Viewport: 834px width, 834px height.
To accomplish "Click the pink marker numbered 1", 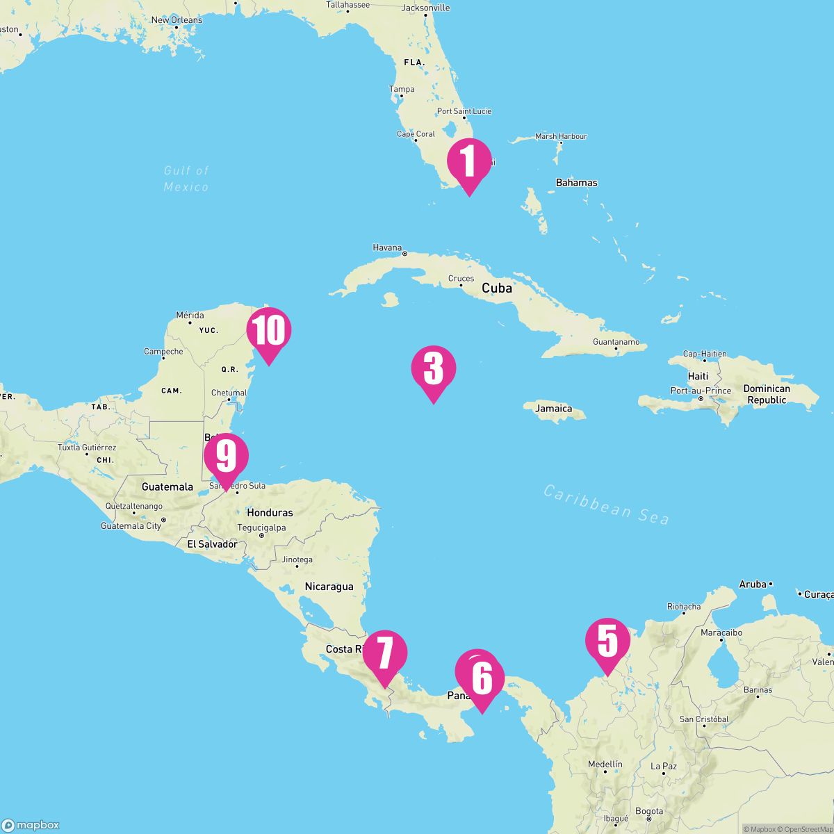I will pos(469,161).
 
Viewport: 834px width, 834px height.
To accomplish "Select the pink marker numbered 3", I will pos(434,368).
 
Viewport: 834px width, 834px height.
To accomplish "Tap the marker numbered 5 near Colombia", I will pos(607,640).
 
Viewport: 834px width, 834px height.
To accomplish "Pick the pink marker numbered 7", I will pos(384,653).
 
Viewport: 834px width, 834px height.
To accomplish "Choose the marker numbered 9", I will pos(226,456).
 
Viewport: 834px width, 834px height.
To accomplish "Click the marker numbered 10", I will pos(268,330).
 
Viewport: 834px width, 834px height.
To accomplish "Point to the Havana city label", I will pos(388,247).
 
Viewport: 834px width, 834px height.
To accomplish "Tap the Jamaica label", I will pos(554,409).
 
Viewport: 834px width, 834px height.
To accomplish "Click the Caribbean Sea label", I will pos(606,505).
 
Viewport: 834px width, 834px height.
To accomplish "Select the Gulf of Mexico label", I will pos(186,179).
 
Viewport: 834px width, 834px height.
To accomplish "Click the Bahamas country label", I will pos(576,183).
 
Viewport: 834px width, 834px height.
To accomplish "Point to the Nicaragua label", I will pos(329,587).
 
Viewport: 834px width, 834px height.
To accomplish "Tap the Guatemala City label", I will pos(131,526).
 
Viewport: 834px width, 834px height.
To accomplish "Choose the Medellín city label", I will pos(605,764).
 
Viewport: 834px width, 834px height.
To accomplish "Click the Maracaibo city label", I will pos(721,633).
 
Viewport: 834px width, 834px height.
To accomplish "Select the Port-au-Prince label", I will pos(701,391).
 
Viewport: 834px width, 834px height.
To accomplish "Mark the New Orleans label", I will pos(177,20).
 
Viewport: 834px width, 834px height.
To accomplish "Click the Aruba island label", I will pos(753,584).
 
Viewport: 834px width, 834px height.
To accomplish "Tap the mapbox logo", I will pos(31,825).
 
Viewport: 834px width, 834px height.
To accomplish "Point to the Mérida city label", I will pos(190,316).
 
